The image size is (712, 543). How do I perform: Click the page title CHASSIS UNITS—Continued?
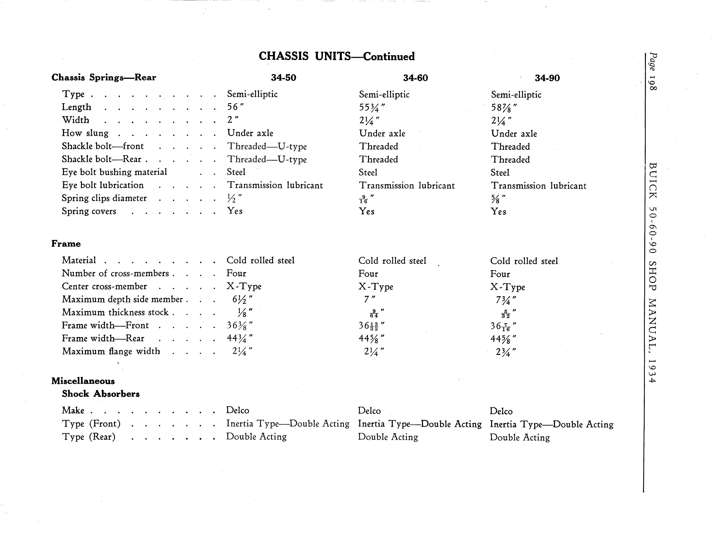coord(336,57)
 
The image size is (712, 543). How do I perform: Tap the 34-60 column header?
coord(415,78)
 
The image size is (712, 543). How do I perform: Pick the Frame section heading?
coord(66,244)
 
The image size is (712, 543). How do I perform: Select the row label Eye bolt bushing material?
coord(114,172)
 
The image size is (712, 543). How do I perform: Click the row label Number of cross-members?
coord(115,273)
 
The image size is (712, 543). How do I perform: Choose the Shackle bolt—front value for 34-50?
coord(267,146)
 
